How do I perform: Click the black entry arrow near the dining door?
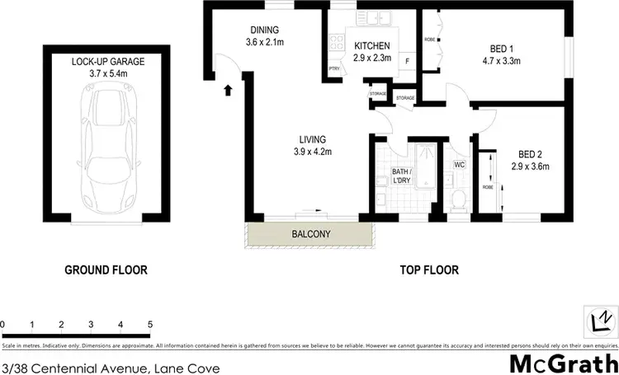point(228,89)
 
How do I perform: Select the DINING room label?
point(264,30)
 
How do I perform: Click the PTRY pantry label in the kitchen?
point(334,68)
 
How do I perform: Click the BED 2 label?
point(531,154)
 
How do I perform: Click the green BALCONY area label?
point(311,234)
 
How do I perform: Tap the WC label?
point(460,164)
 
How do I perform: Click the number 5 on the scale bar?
point(150,323)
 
